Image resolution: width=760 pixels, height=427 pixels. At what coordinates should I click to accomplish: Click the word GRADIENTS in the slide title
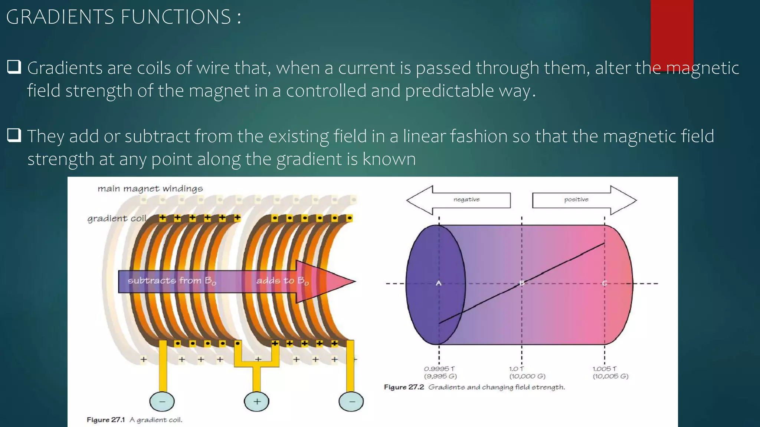(x=60, y=17)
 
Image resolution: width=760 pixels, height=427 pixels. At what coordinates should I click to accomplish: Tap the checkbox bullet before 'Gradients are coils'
(x=14, y=67)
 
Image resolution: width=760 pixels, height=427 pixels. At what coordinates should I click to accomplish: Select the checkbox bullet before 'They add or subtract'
(x=14, y=135)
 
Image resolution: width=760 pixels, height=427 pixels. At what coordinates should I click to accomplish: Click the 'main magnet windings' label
(x=150, y=189)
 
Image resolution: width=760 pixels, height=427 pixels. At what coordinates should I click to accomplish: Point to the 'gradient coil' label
(x=117, y=218)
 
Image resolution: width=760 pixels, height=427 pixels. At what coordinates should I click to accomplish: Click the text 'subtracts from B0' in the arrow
(x=171, y=281)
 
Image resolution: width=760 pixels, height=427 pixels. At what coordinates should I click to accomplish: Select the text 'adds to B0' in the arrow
(x=282, y=281)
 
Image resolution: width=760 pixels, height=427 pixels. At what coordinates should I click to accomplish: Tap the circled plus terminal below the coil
(x=256, y=401)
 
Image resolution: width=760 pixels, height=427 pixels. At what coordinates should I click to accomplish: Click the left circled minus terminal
(x=162, y=401)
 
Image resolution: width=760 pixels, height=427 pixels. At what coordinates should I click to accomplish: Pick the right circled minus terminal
(x=351, y=401)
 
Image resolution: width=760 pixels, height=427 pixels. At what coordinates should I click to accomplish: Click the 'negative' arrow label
(x=466, y=199)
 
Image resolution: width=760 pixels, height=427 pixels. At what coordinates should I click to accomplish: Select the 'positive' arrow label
(x=576, y=199)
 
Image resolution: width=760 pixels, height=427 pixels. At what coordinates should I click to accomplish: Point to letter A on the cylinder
(x=439, y=283)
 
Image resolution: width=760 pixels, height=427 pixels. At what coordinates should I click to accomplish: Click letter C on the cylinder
(x=604, y=283)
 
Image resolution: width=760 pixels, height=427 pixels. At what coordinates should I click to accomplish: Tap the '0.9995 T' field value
(x=439, y=369)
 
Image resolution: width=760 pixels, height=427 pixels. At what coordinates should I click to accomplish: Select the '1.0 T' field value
(x=517, y=369)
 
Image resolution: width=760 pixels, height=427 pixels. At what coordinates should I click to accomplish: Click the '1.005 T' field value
(x=604, y=369)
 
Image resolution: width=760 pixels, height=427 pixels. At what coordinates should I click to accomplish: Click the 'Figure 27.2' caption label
(x=404, y=387)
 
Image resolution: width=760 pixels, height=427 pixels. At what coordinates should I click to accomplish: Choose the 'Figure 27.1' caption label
(x=106, y=420)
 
